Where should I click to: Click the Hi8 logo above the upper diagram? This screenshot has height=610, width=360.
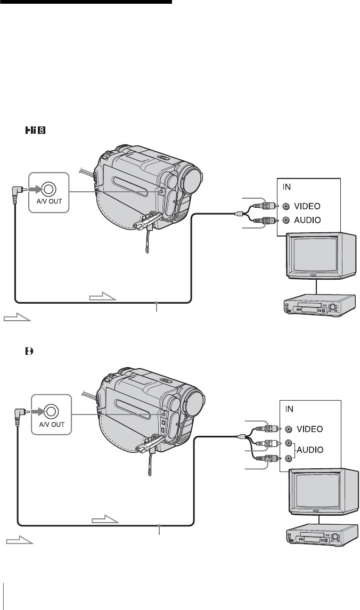36,130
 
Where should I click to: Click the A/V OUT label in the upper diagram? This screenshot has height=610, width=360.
50,201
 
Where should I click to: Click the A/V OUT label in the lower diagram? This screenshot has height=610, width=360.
52,424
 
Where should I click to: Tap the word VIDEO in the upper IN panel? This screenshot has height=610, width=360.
307,206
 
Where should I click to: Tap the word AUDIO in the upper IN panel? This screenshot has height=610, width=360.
307,220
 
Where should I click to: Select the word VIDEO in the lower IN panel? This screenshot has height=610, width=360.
310,429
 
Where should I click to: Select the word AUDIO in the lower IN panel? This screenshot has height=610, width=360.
310,450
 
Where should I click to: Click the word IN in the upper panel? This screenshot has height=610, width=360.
287,187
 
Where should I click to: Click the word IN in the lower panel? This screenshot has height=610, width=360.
289,409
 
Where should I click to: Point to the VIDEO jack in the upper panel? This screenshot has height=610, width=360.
286,206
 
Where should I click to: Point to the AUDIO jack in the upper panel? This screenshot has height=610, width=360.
286,220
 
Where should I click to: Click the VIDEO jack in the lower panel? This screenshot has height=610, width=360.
288,429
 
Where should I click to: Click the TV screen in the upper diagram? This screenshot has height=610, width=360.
315,256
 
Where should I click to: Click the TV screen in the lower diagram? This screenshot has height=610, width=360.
317,492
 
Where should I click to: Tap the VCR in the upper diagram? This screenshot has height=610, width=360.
318,305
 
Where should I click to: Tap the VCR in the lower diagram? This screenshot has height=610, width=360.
321,535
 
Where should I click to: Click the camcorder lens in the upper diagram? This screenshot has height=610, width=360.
192,178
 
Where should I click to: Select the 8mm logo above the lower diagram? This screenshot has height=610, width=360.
29,351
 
